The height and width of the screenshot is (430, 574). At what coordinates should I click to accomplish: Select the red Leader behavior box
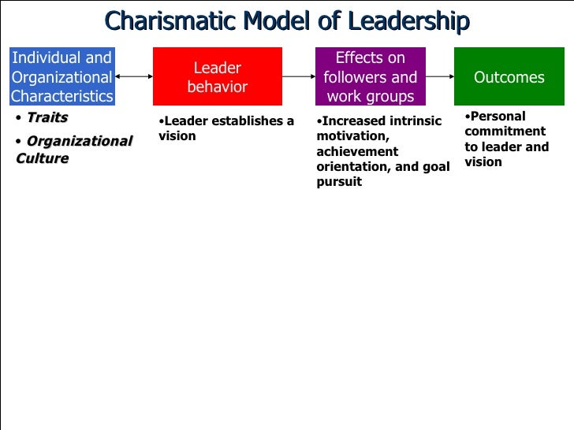coord(218,77)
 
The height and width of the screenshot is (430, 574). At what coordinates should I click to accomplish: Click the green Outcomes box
coord(509,77)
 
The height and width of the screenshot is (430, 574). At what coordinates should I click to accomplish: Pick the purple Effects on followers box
coord(370,77)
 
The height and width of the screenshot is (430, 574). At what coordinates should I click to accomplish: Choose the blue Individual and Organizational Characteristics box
coord(61,77)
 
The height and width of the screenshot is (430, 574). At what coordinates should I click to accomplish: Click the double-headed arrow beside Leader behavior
coord(133,77)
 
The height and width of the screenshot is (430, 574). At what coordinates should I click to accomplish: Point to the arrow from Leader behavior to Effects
coord(299,77)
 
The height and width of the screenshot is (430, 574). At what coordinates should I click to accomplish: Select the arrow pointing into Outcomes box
coord(440,77)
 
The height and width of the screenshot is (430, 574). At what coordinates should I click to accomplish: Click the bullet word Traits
coord(47,118)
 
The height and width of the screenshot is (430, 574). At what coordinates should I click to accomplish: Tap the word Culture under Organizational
coord(42,158)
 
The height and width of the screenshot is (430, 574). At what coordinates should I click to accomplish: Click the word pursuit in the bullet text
coord(339,181)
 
